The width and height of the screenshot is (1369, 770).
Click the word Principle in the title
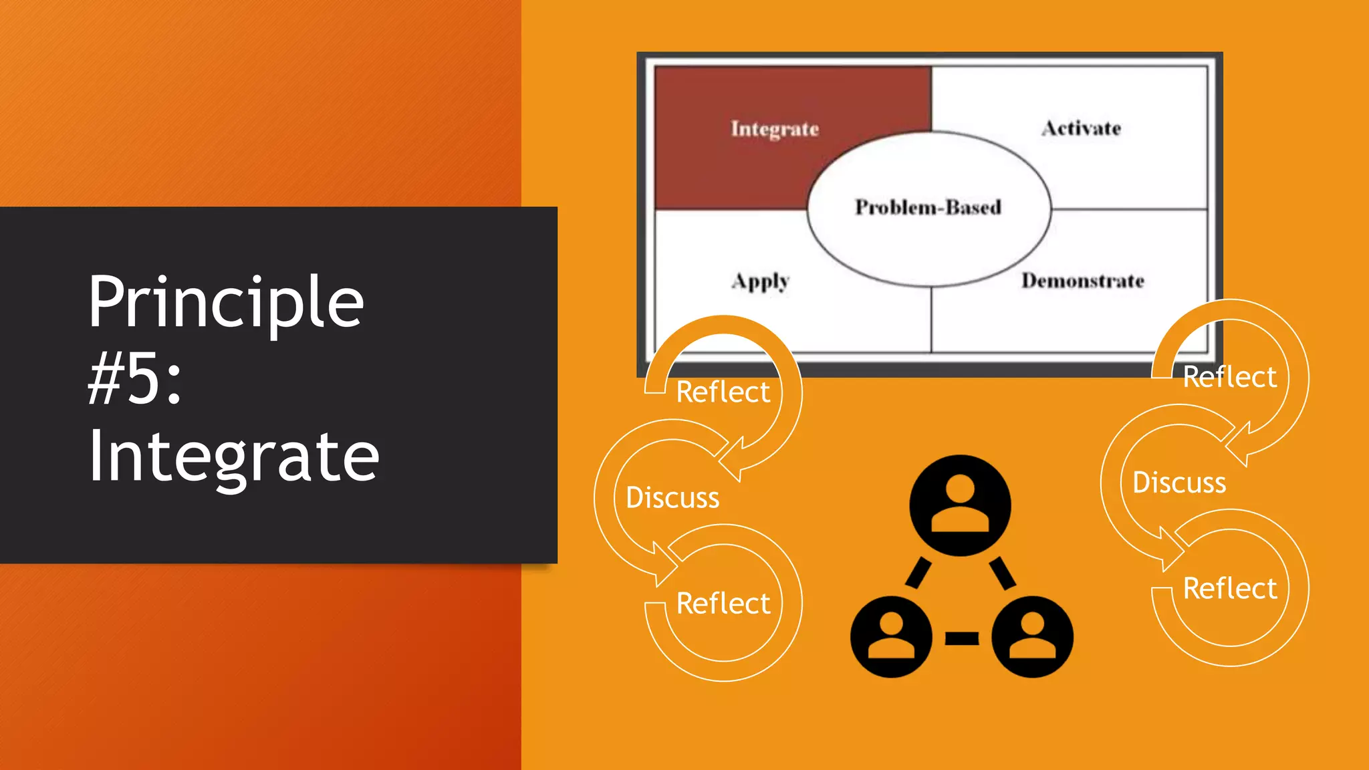point(226,302)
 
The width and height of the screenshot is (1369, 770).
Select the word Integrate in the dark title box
point(233,457)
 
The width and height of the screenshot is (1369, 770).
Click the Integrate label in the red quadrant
point(775,128)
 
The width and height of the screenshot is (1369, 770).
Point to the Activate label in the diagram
point(1081,128)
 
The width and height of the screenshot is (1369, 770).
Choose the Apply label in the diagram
point(761,281)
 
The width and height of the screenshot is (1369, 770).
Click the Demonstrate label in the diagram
point(1082,281)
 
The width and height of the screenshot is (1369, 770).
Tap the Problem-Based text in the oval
point(928,207)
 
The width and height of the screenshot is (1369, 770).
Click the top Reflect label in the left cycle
point(723,392)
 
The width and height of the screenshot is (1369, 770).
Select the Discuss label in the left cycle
point(672,498)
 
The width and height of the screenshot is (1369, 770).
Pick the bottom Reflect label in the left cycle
point(723,604)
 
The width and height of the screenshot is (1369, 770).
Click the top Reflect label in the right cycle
point(1229,378)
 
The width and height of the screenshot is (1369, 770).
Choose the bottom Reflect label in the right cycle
point(1229,589)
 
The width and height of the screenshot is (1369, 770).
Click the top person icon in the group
point(960,505)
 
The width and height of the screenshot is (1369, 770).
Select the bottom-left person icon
point(891,637)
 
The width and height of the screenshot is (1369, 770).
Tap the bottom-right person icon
point(1032,637)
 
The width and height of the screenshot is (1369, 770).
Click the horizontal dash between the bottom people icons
point(962,638)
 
